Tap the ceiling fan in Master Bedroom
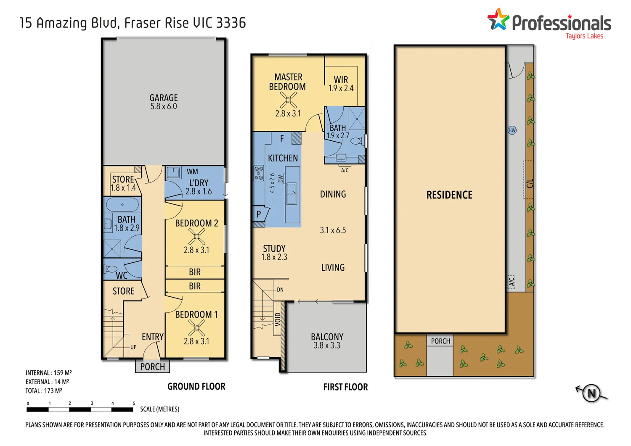pyautogui.click(x=288, y=100)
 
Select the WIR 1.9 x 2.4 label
pyautogui.click(x=341, y=84)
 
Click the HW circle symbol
pyautogui.click(x=512, y=130)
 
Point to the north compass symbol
pyautogui.click(x=591, y=393)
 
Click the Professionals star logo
pyautogui.click(x=498, y=20)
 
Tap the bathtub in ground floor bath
pyautogui.click(x=122, y=205)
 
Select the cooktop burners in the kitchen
pyautogui.click(x=259, y=173)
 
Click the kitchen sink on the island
pyautogui.click(x=291, y=194)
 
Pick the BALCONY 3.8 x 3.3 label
pyautogui.click(x=327, y=341)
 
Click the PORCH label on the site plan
pyautogui.click(x=440, y=341)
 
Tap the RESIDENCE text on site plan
pyautogui.click(x=449, y=195)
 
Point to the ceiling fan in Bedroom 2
pyautogui.click(x=196, y=237)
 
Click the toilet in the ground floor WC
pyautogui.click(x=111, y=269)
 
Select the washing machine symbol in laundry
pyautogui.click(x=173, y=172)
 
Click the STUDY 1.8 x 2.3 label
pyautogui.click(x=274, y=253)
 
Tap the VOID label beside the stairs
pyautogui.click(x=278, y=319)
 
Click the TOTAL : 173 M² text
pyautogui.click(x=44, y=391)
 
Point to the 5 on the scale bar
pyautogui.click(x=134, y=403)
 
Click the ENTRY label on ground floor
pyautogui.click(x=152, y=337)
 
